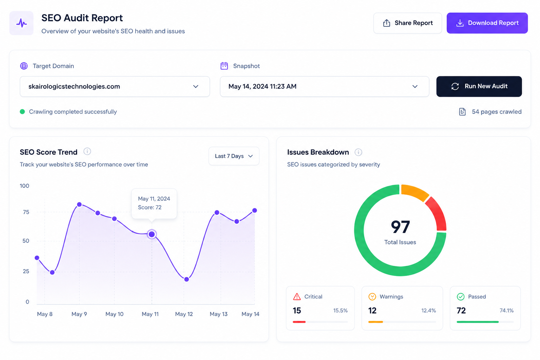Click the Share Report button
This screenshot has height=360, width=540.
click(x=407, y=23)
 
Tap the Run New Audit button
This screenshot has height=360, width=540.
click(x=479, y=86)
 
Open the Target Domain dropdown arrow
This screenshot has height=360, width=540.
click(x=195, y=86)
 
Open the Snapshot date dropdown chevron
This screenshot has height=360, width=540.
click(x=414, y=86)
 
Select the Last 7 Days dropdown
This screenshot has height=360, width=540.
click(x=234, y=156)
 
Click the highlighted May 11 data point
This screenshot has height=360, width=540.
click(x=152, y=234)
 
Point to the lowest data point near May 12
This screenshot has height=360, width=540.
click(x=186, y=279)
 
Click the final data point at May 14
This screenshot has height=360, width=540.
click(x=255, y=211)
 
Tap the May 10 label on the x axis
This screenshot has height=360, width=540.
click(x=114, y=314)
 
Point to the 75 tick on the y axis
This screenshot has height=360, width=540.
click(x=26, y=212)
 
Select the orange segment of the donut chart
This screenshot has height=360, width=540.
click(x=414, y=192)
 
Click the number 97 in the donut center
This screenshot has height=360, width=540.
click(x=400, y=227)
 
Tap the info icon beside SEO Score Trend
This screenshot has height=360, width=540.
click(x=87, y=152)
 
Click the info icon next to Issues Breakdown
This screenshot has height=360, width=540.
click(x=358, y=152)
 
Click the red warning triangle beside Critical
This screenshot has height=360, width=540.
click(x=297, y=297)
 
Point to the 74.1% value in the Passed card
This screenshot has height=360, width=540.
click(x=507, y=310)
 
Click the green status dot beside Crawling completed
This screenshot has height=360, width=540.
click(x=22, y=112)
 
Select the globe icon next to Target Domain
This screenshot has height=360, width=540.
click(x=24, y=66)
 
